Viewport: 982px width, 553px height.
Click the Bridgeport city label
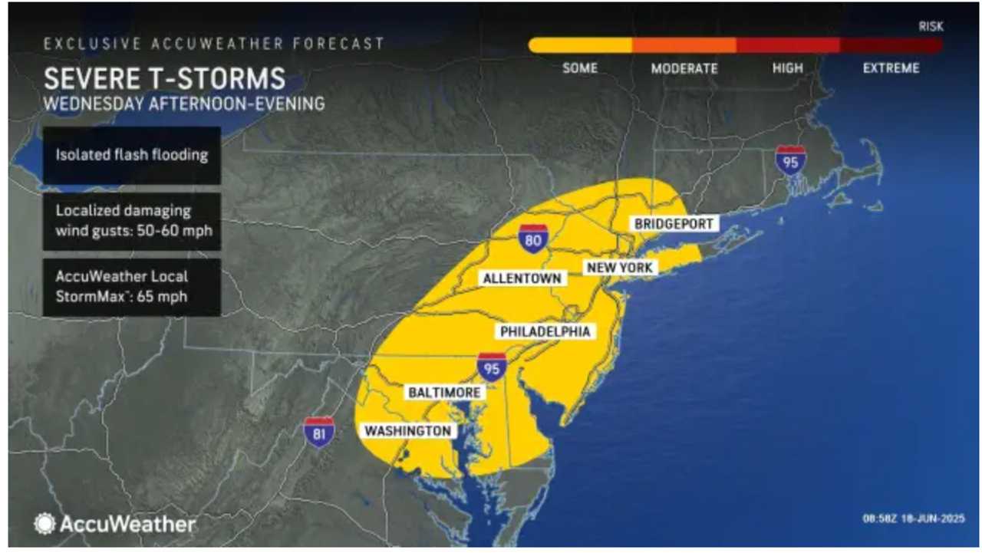pyautogui.click(x=674, y=224)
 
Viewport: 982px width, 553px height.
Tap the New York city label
pyautogui.click(x=619, y=268)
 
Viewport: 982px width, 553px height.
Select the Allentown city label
pyautogui.click(x=522, y=278)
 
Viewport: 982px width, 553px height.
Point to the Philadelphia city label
pyautogui.click(x=545, y=331)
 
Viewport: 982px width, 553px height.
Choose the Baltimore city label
pyautogui.click(x=444, y=393)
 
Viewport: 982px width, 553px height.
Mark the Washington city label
pyautogui.click(x=407, y=431)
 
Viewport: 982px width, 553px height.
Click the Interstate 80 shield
pyautogui.click(x=532, y=239)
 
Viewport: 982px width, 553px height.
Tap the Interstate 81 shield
pyautogui.click(x=318, y=433)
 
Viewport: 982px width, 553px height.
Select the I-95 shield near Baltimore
pyautogui.click(x=491, y=367)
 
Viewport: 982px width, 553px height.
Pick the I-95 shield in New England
pyautogui.click(x=790, y=161)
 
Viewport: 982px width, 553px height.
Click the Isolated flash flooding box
pyautogui.click(x=132, y=155)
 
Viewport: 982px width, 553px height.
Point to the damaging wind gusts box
pyautogui.click(x=132, y=221)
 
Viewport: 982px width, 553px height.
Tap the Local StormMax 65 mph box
pyautogui.click(x=132, y=287)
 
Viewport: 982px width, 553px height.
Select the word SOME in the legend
pyautogui.click(x=580, y=68)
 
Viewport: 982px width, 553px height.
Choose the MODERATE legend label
pyautogui.click(x=684, y=68)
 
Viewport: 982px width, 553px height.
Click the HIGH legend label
pyautogui.click(x=788, y=68)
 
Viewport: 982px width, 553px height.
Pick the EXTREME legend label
pyautogui.click(x=891, y=68)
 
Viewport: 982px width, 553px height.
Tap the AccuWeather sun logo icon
pyautogui.click(x=44, y=524)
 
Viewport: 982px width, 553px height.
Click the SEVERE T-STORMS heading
pyautogui.click(x=164, y=79)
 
